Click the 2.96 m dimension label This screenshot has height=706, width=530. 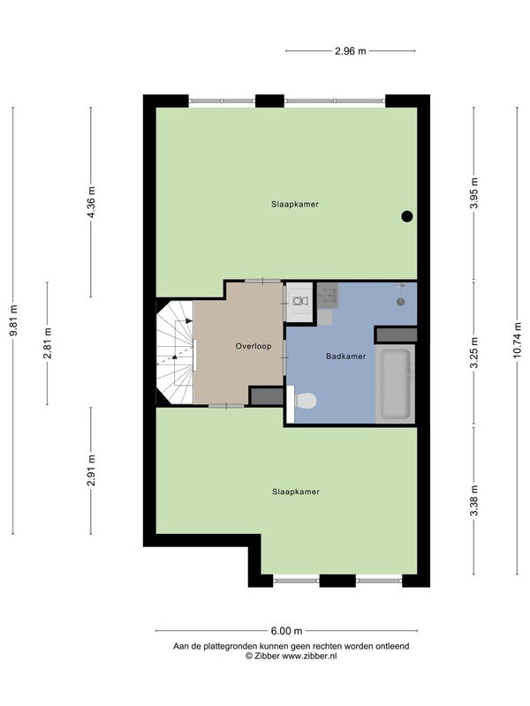click(350, 51)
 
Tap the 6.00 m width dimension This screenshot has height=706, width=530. click(286, 631)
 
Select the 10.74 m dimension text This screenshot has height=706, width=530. click(517, 341)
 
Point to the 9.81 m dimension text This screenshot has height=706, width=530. click(13, 320)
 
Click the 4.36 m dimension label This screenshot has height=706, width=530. click(91, 202)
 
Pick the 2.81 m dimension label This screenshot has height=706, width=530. click(48, 343)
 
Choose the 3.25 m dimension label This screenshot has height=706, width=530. click(473, 352)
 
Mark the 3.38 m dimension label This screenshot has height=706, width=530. click(473, 501)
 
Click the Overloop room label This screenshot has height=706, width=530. click(254, 346)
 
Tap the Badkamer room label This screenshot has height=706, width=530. click(345, 357)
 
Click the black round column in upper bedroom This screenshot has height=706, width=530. click(407, 216)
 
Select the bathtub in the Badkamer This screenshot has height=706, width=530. click(395, 384)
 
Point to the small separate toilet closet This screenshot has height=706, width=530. click(299, 302)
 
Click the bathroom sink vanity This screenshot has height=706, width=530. click(328, 296)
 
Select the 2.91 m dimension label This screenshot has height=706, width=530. click(91, 470)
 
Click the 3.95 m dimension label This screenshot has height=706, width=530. click(473, 193)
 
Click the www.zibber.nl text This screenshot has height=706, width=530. click(309, 656)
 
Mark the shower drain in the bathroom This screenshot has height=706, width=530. click(401, 302)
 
